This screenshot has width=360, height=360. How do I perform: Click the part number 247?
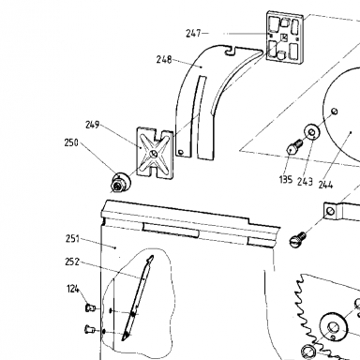click(193, 33)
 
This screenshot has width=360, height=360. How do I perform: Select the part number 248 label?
click(164, 59)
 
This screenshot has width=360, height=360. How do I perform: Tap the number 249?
click(93, 125)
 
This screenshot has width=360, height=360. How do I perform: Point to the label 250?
click(71, 142)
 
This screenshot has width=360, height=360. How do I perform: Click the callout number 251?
click(72, 239)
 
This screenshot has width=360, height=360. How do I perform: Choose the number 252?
click(72, 262)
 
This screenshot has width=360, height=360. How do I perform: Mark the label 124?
click(73, 289)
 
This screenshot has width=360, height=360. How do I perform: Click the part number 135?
click(286, 179)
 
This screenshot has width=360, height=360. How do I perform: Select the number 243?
click(305, 182)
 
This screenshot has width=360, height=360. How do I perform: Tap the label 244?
click(325, 185)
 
